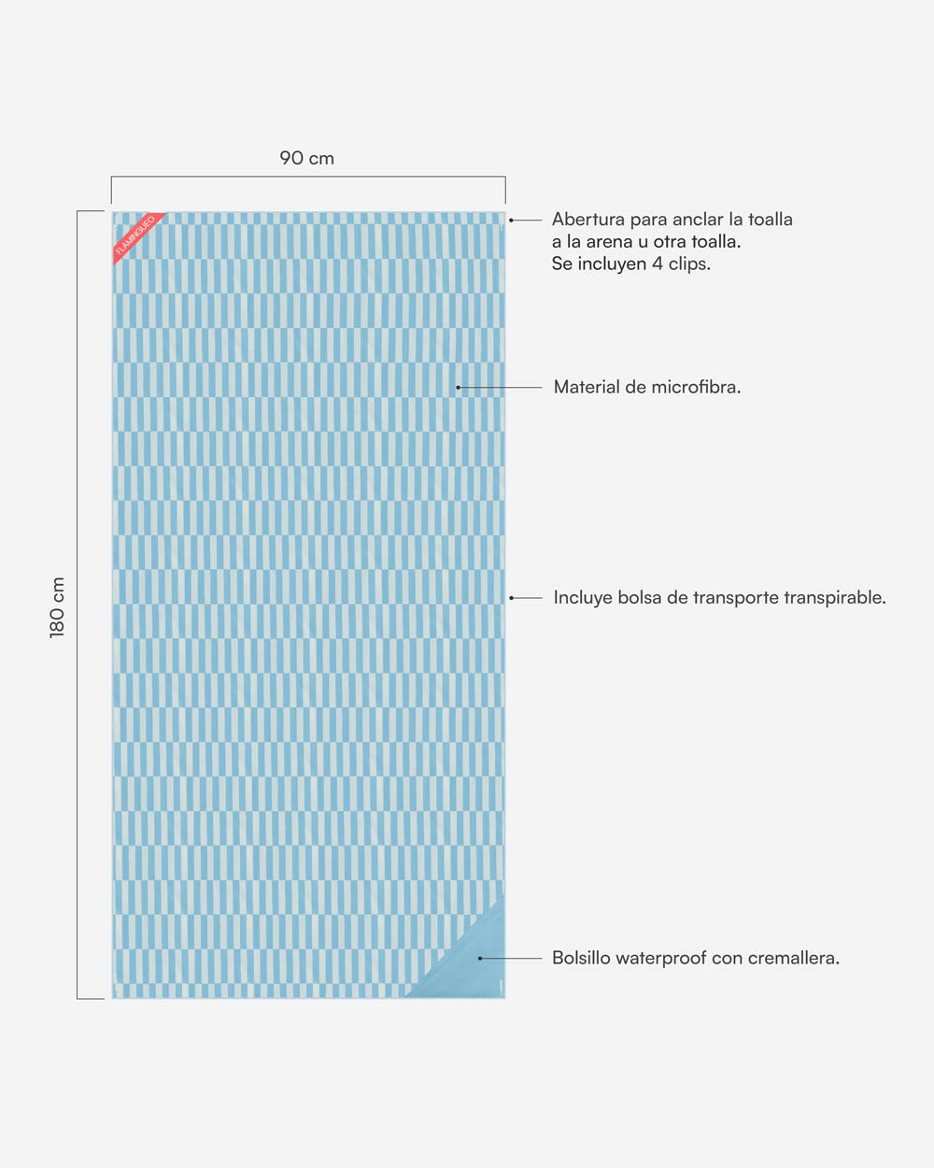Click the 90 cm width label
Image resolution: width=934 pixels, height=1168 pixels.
[306, 158]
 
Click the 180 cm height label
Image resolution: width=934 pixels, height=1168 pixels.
[58, 607]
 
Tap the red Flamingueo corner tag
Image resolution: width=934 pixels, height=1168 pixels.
[136, 235]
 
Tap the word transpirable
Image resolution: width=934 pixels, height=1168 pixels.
[835, 598]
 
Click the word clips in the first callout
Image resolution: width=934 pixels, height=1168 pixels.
[689, 264]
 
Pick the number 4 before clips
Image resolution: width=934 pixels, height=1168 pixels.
[658, 264]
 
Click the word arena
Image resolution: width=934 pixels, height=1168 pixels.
[609, 242]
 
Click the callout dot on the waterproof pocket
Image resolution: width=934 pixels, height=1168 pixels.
[480, 958]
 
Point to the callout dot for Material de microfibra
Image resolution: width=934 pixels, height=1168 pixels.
[458, 387]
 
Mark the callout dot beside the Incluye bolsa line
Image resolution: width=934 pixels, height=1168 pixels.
[511, 598]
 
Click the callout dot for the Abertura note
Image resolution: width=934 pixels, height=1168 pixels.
[511, 220]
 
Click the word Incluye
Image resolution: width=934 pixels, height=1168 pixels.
[583, 598]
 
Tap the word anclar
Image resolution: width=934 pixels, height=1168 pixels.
[698, 220]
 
